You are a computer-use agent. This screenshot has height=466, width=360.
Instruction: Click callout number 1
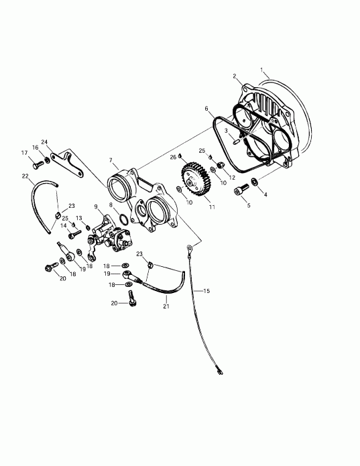click(x=263, y=70)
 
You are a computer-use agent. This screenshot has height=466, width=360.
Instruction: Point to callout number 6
click(x=206, y=108)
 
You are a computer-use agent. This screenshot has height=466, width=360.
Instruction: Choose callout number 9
click(x=96, y=206)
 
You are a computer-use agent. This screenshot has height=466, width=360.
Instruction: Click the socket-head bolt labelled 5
click(x=240, y=190)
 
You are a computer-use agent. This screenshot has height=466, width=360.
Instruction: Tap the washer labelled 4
click(x=256, y=182)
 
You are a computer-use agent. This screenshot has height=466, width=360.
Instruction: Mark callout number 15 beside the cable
click(x=207, y=291)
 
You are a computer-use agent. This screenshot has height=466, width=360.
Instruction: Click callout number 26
click(x=172, y=157)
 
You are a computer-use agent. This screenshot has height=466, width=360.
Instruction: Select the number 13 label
click(x=78, y=218)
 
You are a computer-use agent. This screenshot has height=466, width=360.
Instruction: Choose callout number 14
click(x=64, y=225)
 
